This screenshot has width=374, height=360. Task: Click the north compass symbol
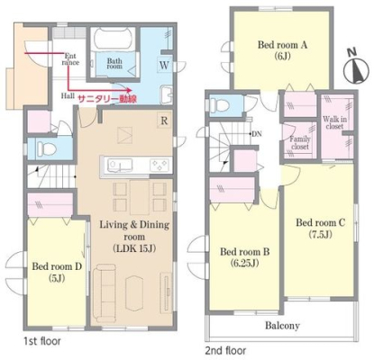tap(356, 67)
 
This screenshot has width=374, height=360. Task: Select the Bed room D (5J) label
tap(57, 272)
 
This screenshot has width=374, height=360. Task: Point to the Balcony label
tap(282, 326)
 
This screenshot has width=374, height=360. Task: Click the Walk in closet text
tap(334, 122)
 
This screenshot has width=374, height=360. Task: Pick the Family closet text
tap(300, 143)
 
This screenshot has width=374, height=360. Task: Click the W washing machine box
tap(164, 65)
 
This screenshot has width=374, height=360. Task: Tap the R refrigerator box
tap(164, 121)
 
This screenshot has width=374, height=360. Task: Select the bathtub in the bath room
tap(114, 39)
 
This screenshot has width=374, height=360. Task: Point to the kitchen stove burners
tap(160, 165)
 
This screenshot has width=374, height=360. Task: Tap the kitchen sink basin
tap(120, 166)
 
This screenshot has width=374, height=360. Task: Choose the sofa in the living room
tap(104, 291)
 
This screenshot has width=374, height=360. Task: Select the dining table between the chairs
tap(140, 197)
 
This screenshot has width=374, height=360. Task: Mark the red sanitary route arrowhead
tap(129, 90)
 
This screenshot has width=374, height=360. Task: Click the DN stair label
tap(257, 134)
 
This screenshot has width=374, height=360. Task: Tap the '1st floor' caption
tap(42, 341)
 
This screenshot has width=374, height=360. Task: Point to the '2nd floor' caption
tap(225, 350)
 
